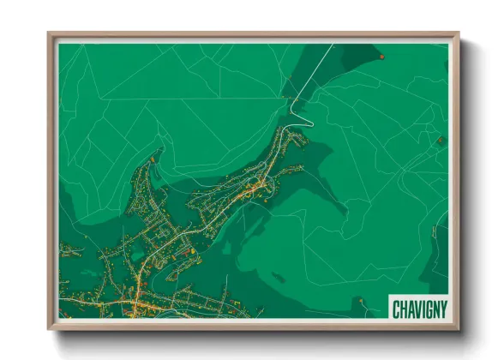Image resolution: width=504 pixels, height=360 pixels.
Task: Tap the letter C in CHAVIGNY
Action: pos(396,308)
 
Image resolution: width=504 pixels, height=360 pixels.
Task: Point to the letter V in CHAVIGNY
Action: pos(416,308)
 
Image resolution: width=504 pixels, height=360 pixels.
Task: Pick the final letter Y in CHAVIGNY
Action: pos(442,308)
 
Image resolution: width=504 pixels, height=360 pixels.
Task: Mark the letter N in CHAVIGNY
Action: pos(435,308)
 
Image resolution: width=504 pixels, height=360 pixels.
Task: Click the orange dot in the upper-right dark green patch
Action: pos(381,57)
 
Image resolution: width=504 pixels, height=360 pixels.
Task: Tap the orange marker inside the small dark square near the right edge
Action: pos(441,140)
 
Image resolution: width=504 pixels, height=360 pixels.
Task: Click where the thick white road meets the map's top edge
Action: pos(333,45)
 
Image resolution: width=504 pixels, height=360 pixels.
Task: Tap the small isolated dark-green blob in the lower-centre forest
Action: pos(279,277)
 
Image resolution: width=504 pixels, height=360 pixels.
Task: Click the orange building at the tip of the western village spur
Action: pos(152,159)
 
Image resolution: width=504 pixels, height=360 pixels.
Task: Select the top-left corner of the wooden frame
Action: pos(49,34)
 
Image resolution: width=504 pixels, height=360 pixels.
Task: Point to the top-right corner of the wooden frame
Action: pos(459,34)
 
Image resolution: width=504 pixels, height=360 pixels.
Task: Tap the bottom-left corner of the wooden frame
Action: pos(49,329)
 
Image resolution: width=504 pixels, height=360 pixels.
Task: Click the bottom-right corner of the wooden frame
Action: pos(459,329)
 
